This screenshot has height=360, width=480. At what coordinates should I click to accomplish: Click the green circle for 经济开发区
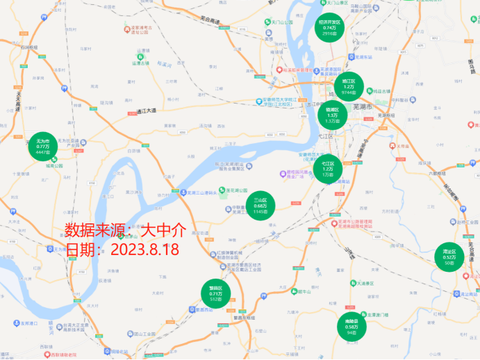331,26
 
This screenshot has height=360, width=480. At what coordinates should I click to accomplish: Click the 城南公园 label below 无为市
55,166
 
